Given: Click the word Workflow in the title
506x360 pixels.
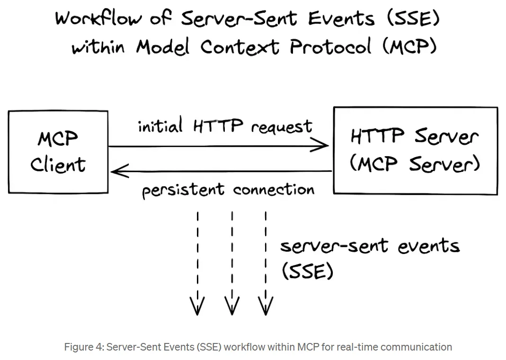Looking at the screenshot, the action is point(98,18).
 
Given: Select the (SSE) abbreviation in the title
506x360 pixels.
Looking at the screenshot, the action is point(413,18).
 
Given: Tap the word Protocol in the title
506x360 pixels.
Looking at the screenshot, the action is point(330,46).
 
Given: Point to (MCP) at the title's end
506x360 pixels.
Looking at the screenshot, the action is point(409,46).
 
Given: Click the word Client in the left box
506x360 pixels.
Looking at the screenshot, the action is point(58,165).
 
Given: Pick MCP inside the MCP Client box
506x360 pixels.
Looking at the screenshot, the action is point(58,139).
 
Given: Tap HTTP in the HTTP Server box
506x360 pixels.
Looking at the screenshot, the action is point(377,135).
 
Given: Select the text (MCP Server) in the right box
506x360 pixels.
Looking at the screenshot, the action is point(415,164).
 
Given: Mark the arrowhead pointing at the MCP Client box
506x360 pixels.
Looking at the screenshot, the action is point(120,171).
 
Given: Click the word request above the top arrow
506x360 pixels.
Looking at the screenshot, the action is point(282,126).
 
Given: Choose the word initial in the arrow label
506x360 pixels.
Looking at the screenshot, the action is point(160,125).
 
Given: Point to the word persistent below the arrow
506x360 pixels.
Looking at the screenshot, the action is point(183,190).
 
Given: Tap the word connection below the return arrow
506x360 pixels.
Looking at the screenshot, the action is point(274,190).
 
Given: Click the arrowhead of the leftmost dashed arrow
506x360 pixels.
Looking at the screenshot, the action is point(197,305).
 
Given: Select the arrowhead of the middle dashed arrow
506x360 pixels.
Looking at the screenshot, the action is point(232,305).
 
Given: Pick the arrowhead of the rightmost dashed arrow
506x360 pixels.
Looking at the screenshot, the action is point(266,305).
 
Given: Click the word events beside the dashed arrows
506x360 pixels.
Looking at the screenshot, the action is point(428,246).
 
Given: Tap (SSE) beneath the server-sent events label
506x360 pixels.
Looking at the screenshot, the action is point(308,271).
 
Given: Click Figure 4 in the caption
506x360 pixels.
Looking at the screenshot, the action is point(83,347).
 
